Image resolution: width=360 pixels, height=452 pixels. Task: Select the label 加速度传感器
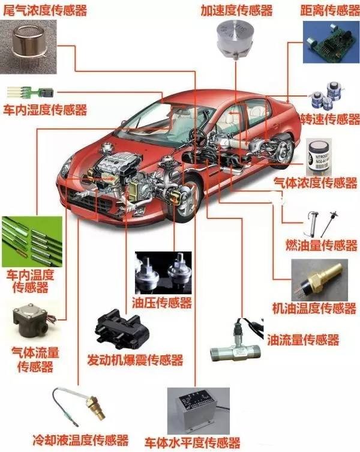click(238, 10)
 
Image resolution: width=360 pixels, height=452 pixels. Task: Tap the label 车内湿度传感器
click(45, 110)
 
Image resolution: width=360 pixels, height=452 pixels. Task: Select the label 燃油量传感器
click(321, 245)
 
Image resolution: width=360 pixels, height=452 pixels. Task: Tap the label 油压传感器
click(161, 302)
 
